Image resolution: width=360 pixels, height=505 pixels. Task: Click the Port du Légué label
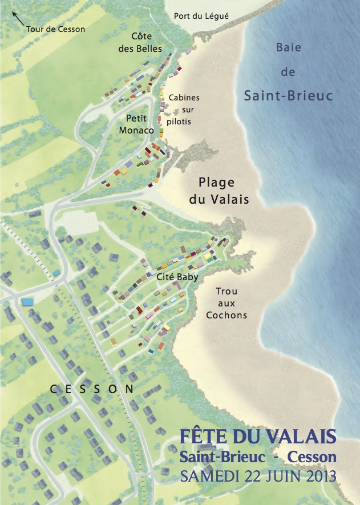coord(201,16)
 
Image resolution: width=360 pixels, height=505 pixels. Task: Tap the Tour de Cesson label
coord(55,29)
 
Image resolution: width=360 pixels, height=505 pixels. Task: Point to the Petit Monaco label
coord(137,124)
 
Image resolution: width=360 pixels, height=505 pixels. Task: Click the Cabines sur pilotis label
coord(183,109)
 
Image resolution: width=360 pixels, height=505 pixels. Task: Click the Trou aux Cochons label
coord(226,302)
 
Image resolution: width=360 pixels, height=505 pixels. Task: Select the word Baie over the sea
coord(288,47)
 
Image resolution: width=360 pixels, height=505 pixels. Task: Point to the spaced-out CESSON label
coord(92,389)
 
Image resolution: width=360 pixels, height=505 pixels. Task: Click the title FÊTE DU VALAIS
coord(257,437)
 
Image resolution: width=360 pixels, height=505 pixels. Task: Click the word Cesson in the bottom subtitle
coord(312,456)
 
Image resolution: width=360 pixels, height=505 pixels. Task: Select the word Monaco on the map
coord(137,130)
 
